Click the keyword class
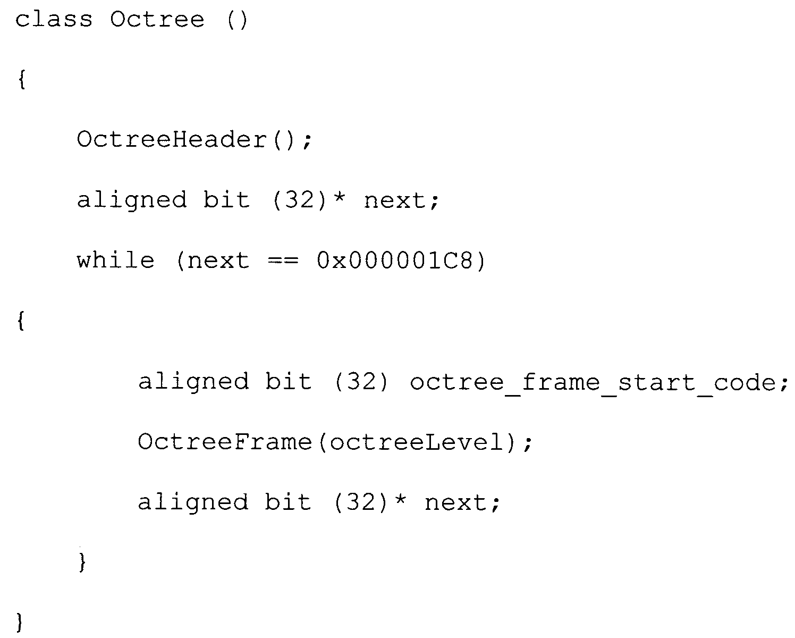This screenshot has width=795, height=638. (54, 20)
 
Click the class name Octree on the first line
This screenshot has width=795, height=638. (157, 20)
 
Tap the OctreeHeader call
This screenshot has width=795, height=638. (172, 140)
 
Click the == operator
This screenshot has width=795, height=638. (283, 261)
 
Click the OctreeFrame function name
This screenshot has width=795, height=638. (225, 442)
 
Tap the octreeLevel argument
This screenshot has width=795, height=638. (417, 442)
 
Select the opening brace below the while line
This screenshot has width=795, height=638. (21, 321)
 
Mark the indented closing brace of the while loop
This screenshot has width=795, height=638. (82, 562)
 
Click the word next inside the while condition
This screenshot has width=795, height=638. (218, 262)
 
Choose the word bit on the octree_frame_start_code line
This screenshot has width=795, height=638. (288, 381)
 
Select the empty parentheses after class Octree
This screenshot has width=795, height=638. (236, 20)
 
